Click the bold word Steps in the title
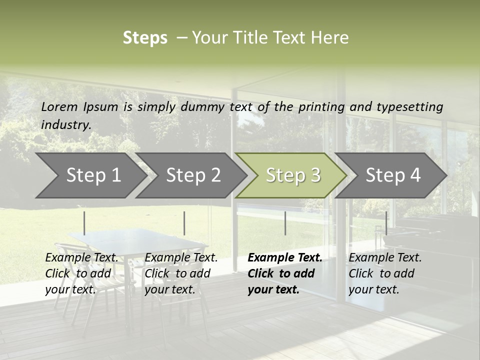(145, 37)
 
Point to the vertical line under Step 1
(84, 223)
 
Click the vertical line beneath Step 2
(184, 223)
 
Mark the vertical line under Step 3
(285, 223)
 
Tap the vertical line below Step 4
(386, 223)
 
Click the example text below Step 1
(81, 273)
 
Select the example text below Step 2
(181, 273)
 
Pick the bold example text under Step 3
(284, 273)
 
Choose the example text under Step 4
(385, 273)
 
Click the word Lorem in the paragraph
(59, 106)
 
